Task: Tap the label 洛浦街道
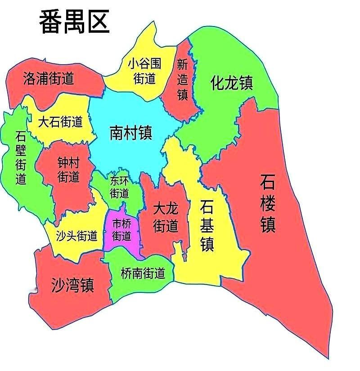pos(48,79)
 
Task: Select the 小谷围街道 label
pos(144,71)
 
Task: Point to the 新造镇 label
pos(182,80)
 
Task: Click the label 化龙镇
pos(232,83)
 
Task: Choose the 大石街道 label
pos(60,121)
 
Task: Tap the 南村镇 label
pos(131,133)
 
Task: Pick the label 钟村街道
pos(68,169)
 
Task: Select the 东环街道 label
pos(120,187)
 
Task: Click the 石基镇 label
pos(207,226)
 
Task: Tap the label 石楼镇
pos(268,203)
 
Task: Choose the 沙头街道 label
pos(76,236)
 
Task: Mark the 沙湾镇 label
pos(72,284)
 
